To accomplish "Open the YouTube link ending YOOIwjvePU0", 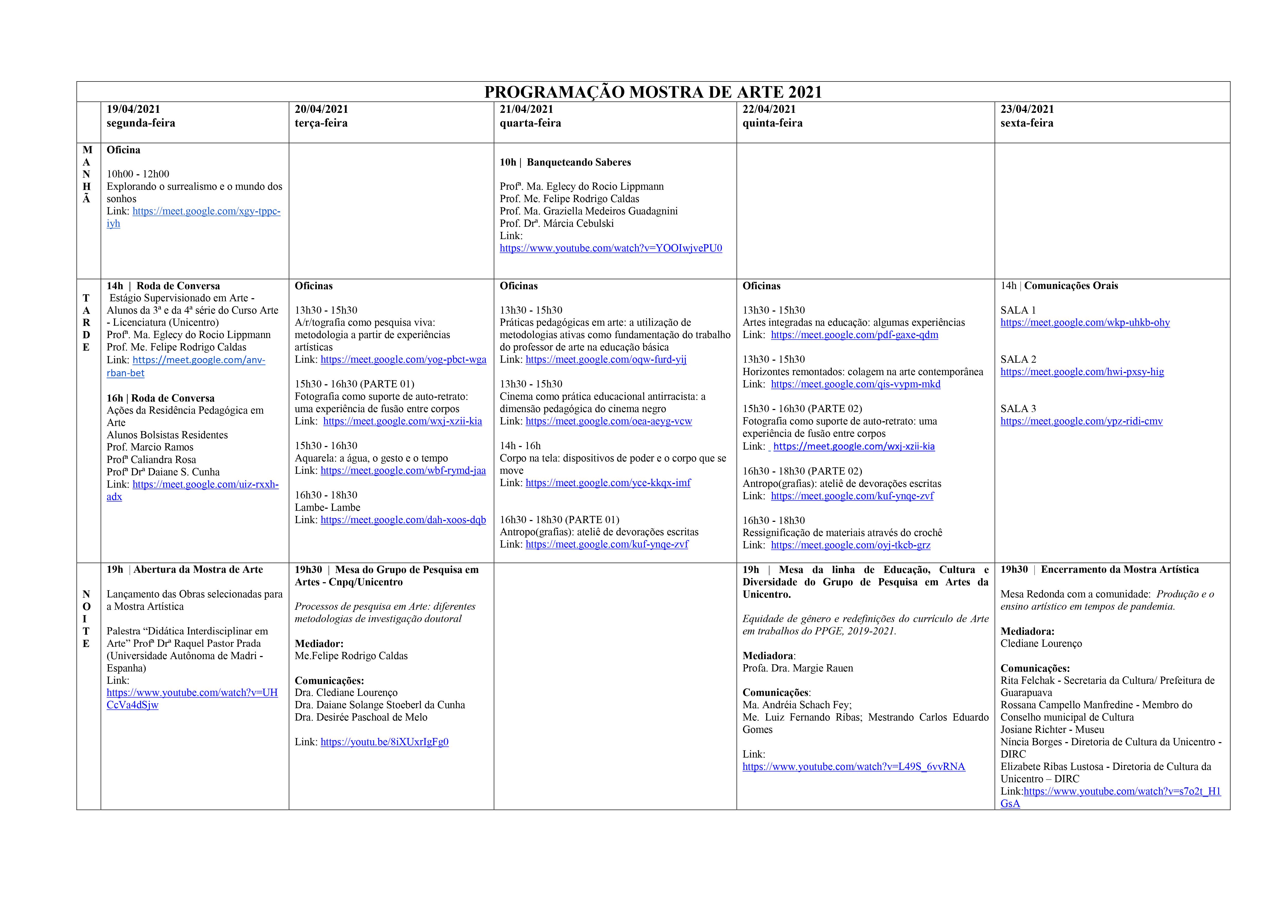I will point(611,248).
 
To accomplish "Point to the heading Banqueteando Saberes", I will point(579,162).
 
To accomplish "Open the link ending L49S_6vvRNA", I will point(854,767).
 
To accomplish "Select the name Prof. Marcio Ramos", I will point(150,447).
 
